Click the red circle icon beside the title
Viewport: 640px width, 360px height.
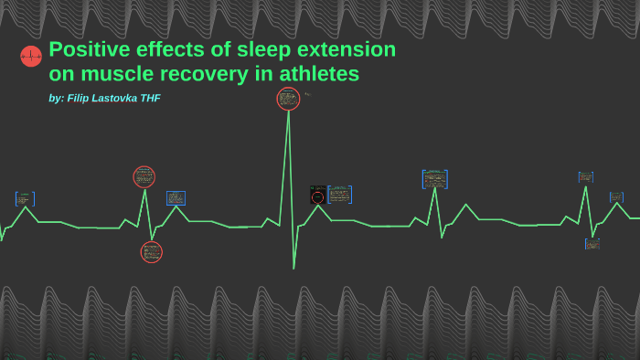(31, 57)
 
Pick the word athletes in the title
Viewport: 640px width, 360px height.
(319, 74)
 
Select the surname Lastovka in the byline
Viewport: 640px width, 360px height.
(117, 98)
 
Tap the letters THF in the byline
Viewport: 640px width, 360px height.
(150, 98)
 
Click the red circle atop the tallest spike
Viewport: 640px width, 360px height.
(288, 99)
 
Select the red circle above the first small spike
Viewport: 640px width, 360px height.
(144, 177)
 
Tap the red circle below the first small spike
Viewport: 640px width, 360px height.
(151, 252)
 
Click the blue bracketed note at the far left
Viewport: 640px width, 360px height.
(25, 198)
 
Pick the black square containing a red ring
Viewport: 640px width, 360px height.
(317, 196)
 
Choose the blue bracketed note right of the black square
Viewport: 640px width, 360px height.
(339, 195)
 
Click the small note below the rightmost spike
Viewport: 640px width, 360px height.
(592, 244)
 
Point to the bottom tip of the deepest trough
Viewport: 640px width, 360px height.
(293, 268)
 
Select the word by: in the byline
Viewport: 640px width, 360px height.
(56, 98)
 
